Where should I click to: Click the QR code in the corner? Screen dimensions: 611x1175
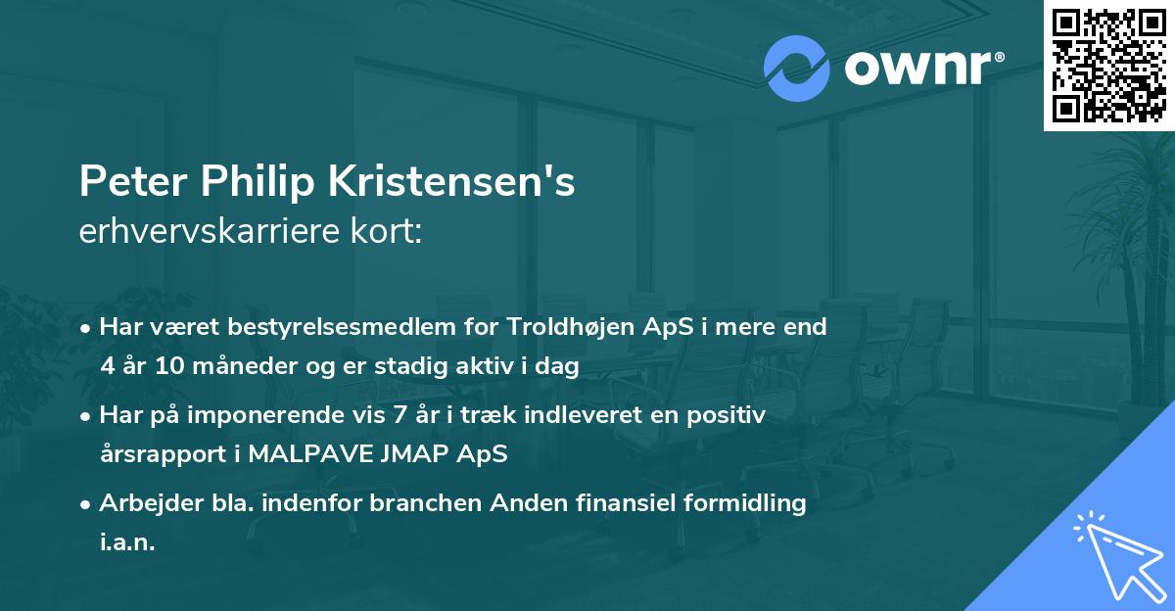1109,65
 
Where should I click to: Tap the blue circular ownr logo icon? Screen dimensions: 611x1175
796,69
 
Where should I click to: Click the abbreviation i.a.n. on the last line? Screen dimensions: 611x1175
127,542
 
